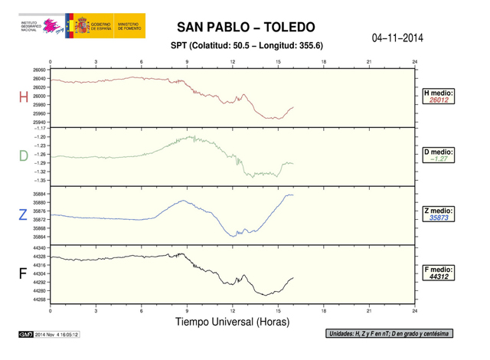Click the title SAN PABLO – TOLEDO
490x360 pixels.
pyautogui.click(x=245, y=28)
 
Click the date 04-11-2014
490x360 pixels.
pyautogui.click(x=397, y=38)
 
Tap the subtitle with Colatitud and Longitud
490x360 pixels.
pyautogui.click(x=245, y=46)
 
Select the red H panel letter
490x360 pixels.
pyautogui.click(x=22, y=98)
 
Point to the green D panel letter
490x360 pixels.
pyautogui.click(x=23, y=156)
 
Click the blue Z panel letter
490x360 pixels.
pyautogui.click(x=23, y=215)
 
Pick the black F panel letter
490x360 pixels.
pyautogui.click(x=23, y=273)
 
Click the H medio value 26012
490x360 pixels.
pyautogui.click(x=439, y=100)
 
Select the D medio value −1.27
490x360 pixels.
pyautogui.click(x=439, y=159)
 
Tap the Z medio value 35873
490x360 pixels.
pyautogui.click(x=439, y=218)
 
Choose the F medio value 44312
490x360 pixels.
pyautogui.click(x=439, y=277)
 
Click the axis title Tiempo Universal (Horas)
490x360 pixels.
pyautogui.click(x=233, y=322)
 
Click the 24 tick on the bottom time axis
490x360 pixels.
pyautogui.click(x=414, y=310)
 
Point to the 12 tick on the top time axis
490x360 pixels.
pyautogui.click(x=232, y=61)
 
